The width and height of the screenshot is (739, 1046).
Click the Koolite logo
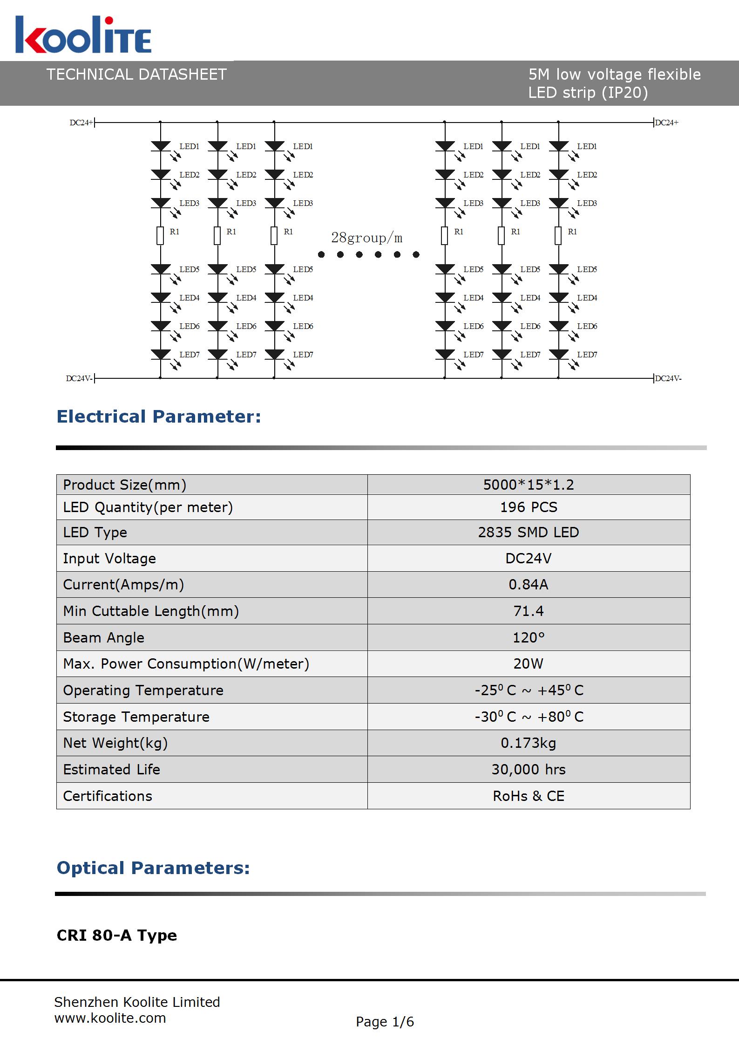(x=83, y=35)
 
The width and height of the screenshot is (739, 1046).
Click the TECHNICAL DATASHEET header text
(x=136, y=75)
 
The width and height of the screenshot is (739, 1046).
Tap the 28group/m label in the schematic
(x=366, y=238)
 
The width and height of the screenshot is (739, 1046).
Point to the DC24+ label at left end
(x=81, y=123)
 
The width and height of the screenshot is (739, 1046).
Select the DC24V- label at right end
(x=668, y=378)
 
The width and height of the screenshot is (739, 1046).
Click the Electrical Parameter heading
(x=159, y=417)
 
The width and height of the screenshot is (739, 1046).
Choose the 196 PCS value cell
(x=529, y=507)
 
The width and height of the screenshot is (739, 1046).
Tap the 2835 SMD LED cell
(x=529, y=533)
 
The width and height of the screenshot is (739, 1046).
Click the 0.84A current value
(x=529, y=585)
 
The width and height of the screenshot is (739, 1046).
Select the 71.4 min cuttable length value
(x=529, y=611)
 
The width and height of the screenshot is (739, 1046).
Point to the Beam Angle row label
(x=104, y=637)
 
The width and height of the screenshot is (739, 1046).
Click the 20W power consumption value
(x=529, y=663)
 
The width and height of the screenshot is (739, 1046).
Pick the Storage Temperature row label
(x=136, y=717)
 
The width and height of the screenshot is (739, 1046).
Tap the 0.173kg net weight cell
(x=529, y=743)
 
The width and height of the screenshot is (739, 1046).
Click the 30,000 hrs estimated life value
(x=529, y=769)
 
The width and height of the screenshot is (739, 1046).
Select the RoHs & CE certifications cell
(x=529, y=796)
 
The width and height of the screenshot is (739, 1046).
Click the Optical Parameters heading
(x=153, y=868)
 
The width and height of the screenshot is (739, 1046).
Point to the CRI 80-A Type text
(x=117, y=935)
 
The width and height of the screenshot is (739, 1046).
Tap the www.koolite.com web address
(x=110, y=1018)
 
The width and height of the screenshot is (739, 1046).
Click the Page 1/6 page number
(x=385, y=1022)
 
